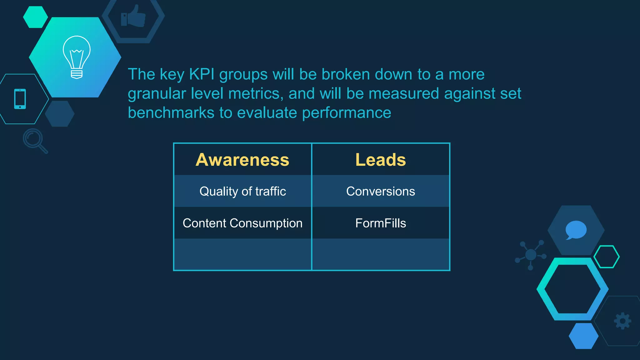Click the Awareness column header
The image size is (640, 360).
[x=242, y=160]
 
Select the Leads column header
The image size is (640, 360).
[x=381, y=160]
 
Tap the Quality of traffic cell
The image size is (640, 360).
[x=242, y=191]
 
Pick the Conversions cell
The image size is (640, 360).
[x=381, y=191]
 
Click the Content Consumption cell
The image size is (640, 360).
[x=242, y=223]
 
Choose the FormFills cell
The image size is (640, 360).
[x=381, y=223]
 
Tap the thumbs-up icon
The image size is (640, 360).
[x=133, y=17]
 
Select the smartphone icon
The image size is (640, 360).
[x=20, y=99]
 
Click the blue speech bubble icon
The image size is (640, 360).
[x=576, y=230]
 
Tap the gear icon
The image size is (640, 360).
[x=622, y=321]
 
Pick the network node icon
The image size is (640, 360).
[x=531, y=255]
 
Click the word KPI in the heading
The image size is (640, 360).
[x=202, y=74]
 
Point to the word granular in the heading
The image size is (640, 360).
[x=157, y=94]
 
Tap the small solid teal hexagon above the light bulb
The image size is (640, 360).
[x=35, y=17]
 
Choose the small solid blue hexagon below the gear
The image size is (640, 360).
[x=583, y=336]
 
